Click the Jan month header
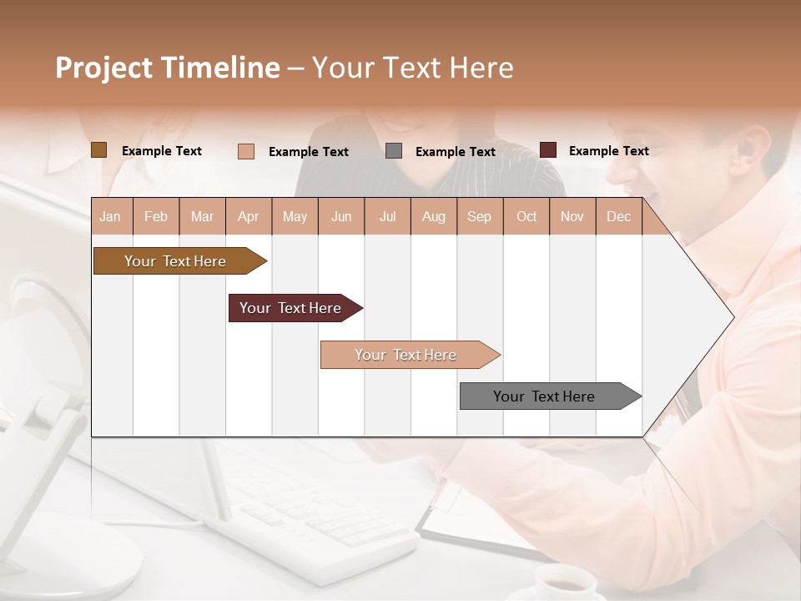coord(110,216)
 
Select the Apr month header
coord(249,216)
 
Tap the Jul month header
coord(387,216)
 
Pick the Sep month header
coord(479,216)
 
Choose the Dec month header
coord(618,216)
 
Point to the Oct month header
coord(526,216)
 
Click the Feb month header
coord(156,216)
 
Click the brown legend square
coord(99,150)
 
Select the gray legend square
coord(394,151)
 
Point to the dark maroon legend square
coord(548,150)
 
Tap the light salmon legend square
coord(246,151)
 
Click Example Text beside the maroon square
coord(608,151)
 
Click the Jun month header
coord(341,216)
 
